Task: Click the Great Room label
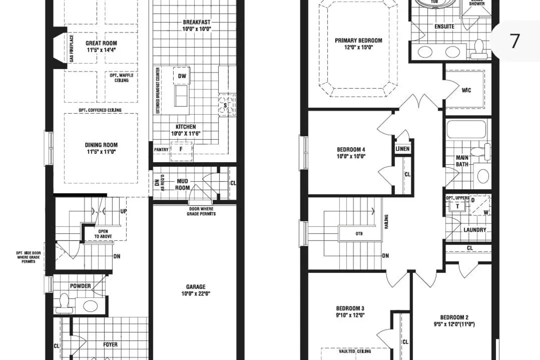coord(101,43)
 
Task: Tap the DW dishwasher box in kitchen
coord(182,76)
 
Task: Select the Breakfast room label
coord(197,22)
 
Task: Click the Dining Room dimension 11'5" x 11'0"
coord(101,152)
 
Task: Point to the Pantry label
coord(161,149)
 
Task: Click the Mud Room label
coord(183,184)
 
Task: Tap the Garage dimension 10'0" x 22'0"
coord(196,293)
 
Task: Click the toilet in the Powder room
coord(65,303)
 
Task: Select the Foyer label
coord(110,345)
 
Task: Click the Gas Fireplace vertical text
coord(71,48)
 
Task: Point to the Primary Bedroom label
coord(359,40)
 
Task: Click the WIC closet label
coord(466,90)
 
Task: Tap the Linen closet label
coord(402,149)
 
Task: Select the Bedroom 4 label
coord(351,149)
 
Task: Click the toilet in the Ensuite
coord(479,50)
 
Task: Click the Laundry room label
coord(474,230)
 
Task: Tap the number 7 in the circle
coord(515,41)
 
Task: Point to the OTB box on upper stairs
coord(359,234)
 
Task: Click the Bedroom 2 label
coord(454,317)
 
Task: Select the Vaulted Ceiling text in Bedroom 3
coord(355,351)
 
